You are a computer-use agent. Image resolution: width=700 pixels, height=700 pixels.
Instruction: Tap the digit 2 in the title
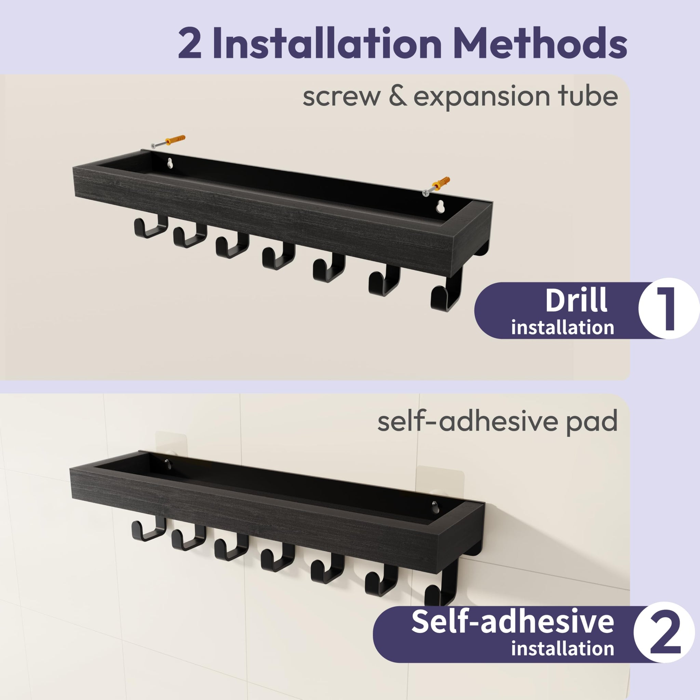coord(189,43)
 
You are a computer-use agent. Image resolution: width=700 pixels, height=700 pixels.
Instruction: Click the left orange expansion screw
coord(168,141)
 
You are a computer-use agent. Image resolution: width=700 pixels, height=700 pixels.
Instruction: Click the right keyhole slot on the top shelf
coord(441,206)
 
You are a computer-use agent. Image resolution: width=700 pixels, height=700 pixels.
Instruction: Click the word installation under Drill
coord(562,327)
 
